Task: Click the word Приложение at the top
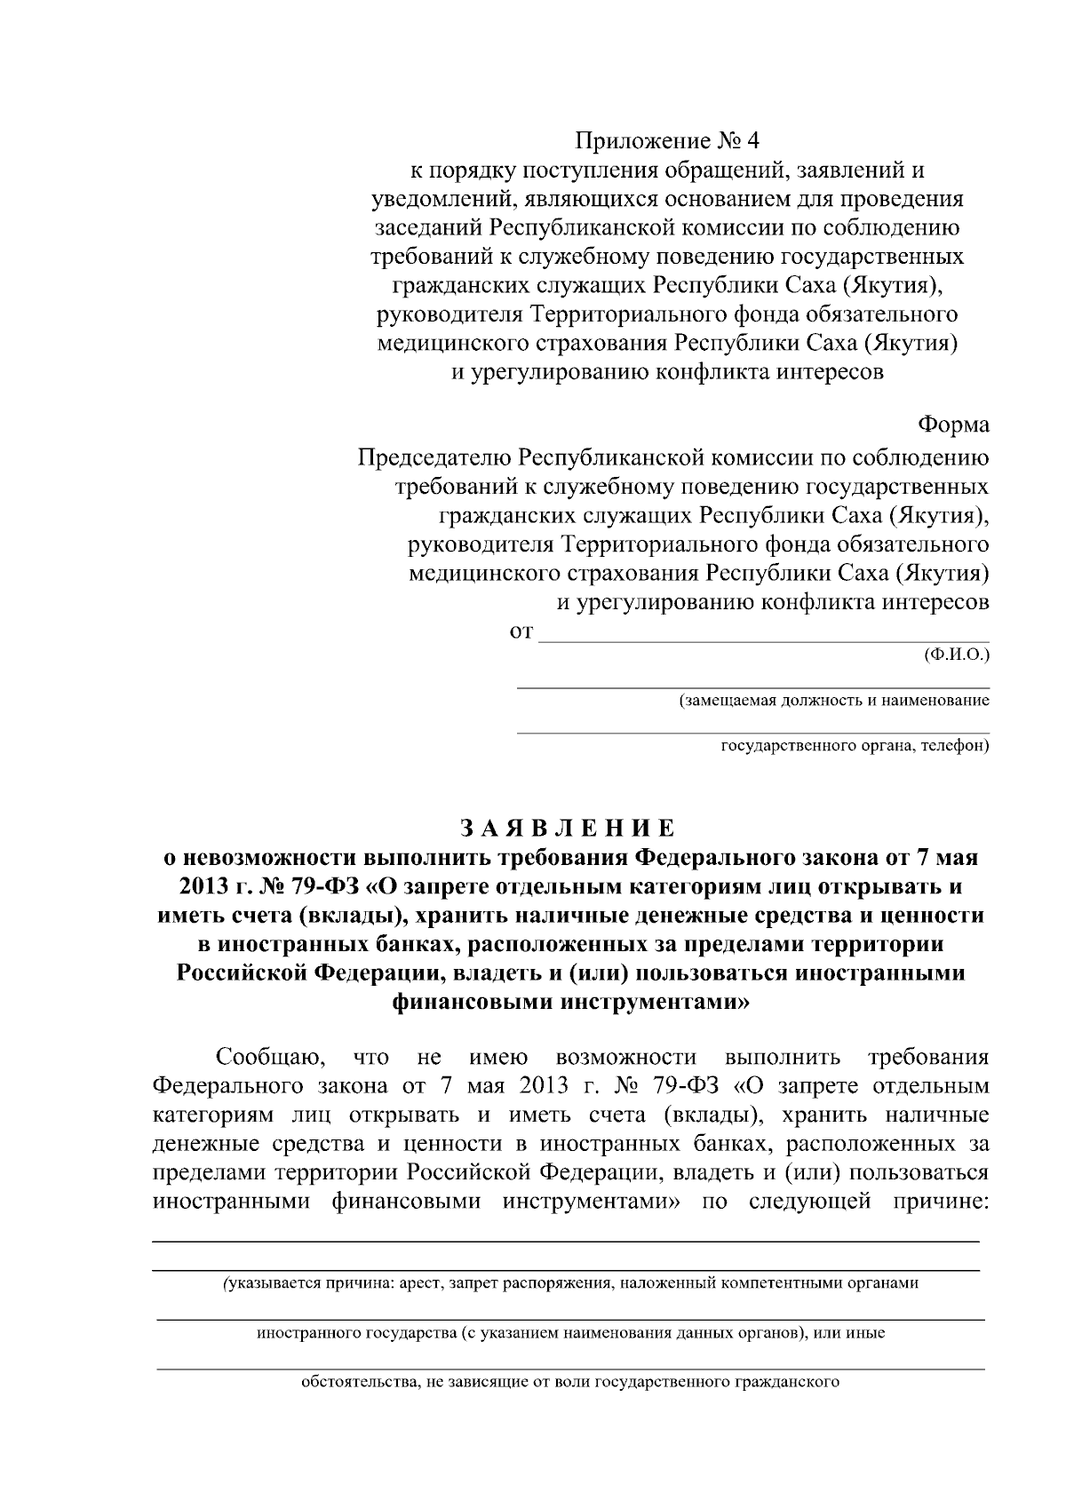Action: pyautogui.click(x=632, y=141)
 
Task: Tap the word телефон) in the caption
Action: pyautogui.click(x=957, y=746)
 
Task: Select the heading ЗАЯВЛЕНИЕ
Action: pyautogui.click(x=569, y=829)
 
